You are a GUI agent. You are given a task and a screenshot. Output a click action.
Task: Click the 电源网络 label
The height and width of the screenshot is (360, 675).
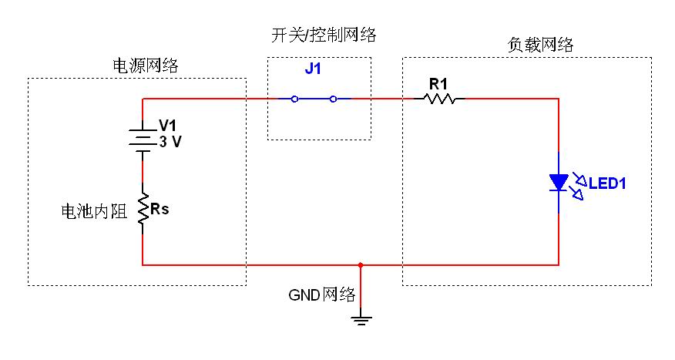146,66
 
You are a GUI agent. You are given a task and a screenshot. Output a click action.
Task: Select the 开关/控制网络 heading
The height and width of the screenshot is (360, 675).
323,35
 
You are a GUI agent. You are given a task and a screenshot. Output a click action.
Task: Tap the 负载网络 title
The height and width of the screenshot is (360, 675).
541,45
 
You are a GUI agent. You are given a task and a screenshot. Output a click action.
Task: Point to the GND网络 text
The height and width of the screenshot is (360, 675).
321,294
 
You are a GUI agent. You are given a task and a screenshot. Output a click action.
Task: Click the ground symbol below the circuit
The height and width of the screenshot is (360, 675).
361,318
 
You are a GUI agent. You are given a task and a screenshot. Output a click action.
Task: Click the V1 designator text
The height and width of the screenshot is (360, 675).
167,125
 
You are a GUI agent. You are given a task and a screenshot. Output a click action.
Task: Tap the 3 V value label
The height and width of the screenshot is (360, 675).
171,142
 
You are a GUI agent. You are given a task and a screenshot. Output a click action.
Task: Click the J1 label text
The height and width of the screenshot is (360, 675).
313,69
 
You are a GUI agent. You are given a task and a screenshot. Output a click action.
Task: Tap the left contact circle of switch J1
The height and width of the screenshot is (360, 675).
294,99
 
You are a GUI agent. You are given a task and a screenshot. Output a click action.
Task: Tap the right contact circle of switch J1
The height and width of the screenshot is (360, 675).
333,99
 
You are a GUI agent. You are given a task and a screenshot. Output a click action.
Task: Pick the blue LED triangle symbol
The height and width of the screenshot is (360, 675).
559,183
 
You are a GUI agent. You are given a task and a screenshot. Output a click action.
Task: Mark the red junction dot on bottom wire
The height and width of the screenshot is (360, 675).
361,264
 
